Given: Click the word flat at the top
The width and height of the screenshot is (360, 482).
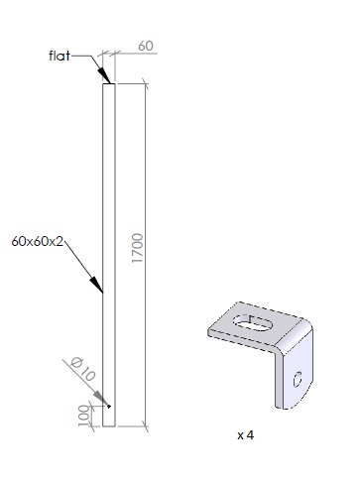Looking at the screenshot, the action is (60, 56).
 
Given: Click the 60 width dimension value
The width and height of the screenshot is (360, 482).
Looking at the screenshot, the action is (146, 46).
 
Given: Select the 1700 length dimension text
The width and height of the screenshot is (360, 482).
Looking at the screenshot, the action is (137, 248).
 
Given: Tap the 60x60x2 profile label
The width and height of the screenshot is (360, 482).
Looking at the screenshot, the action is (37, 241).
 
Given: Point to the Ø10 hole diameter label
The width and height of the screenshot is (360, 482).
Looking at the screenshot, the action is (83, 369).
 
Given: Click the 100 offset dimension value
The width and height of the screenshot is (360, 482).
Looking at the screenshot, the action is (84, 416).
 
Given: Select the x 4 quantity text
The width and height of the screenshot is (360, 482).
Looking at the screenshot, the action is (246, 435).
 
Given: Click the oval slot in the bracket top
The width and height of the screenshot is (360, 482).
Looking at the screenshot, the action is (253, 322).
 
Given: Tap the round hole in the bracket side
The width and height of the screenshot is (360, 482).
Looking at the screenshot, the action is (298, 379).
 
